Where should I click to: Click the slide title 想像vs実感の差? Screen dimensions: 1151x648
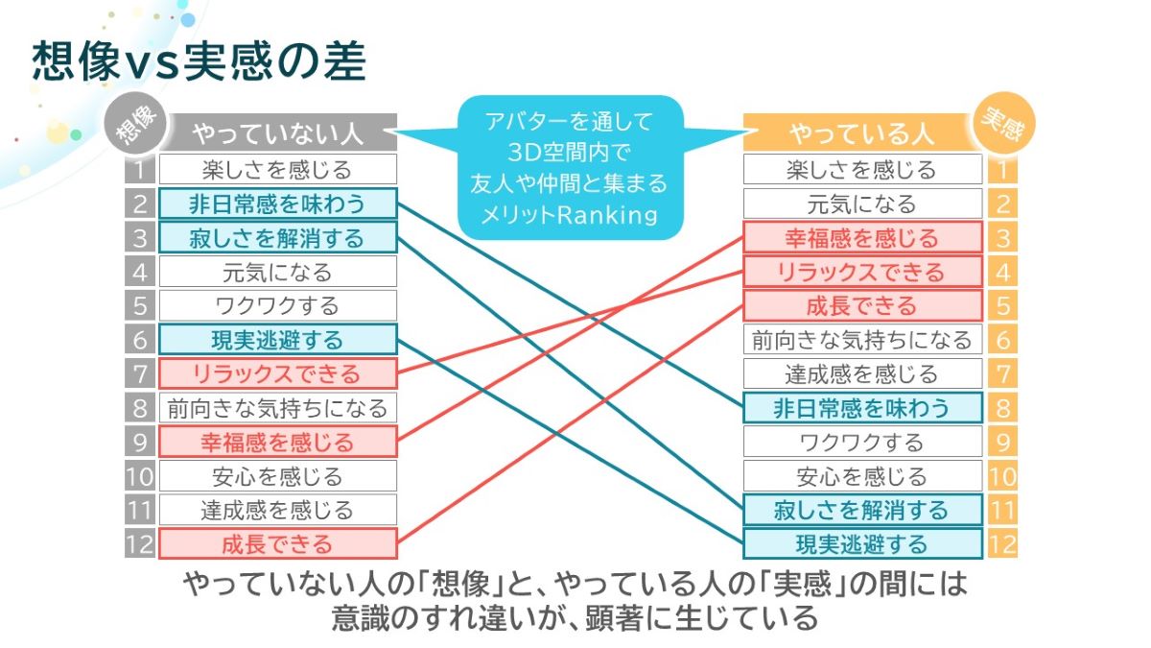(x=199, y=61)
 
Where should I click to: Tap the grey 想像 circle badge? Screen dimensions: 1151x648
(x=135, y=124)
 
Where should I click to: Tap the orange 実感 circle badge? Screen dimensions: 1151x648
(x=1004, y=124)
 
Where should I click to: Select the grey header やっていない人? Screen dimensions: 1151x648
(x=277, y=132)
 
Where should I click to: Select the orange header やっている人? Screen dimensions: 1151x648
(x=860, y=132)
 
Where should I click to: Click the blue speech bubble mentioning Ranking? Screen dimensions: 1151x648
(x=571, y=168)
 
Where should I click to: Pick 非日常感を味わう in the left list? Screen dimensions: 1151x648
(x=277, y=204)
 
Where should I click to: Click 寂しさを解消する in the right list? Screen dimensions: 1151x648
(x=862, y=510)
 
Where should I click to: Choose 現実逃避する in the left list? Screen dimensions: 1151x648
(x=277, y=340)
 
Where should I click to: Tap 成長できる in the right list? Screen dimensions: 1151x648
(x=862, y=305)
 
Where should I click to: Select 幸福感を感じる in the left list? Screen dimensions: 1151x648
(x=277, y=442)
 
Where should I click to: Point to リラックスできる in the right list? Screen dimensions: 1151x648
(x=862, y=272)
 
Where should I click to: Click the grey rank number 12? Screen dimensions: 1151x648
(x=140, y=543)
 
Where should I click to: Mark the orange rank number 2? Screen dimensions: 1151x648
(x=1002, y=204)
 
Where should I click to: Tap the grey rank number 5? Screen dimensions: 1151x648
(x=140, y=305)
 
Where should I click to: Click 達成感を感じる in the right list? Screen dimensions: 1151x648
(x=862, y=373)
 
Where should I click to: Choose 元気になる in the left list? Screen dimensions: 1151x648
(x=277, y=272)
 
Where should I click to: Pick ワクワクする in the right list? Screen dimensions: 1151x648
(x=862, y=442)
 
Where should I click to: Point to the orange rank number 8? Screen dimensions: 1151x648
(x=1002, y=408)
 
